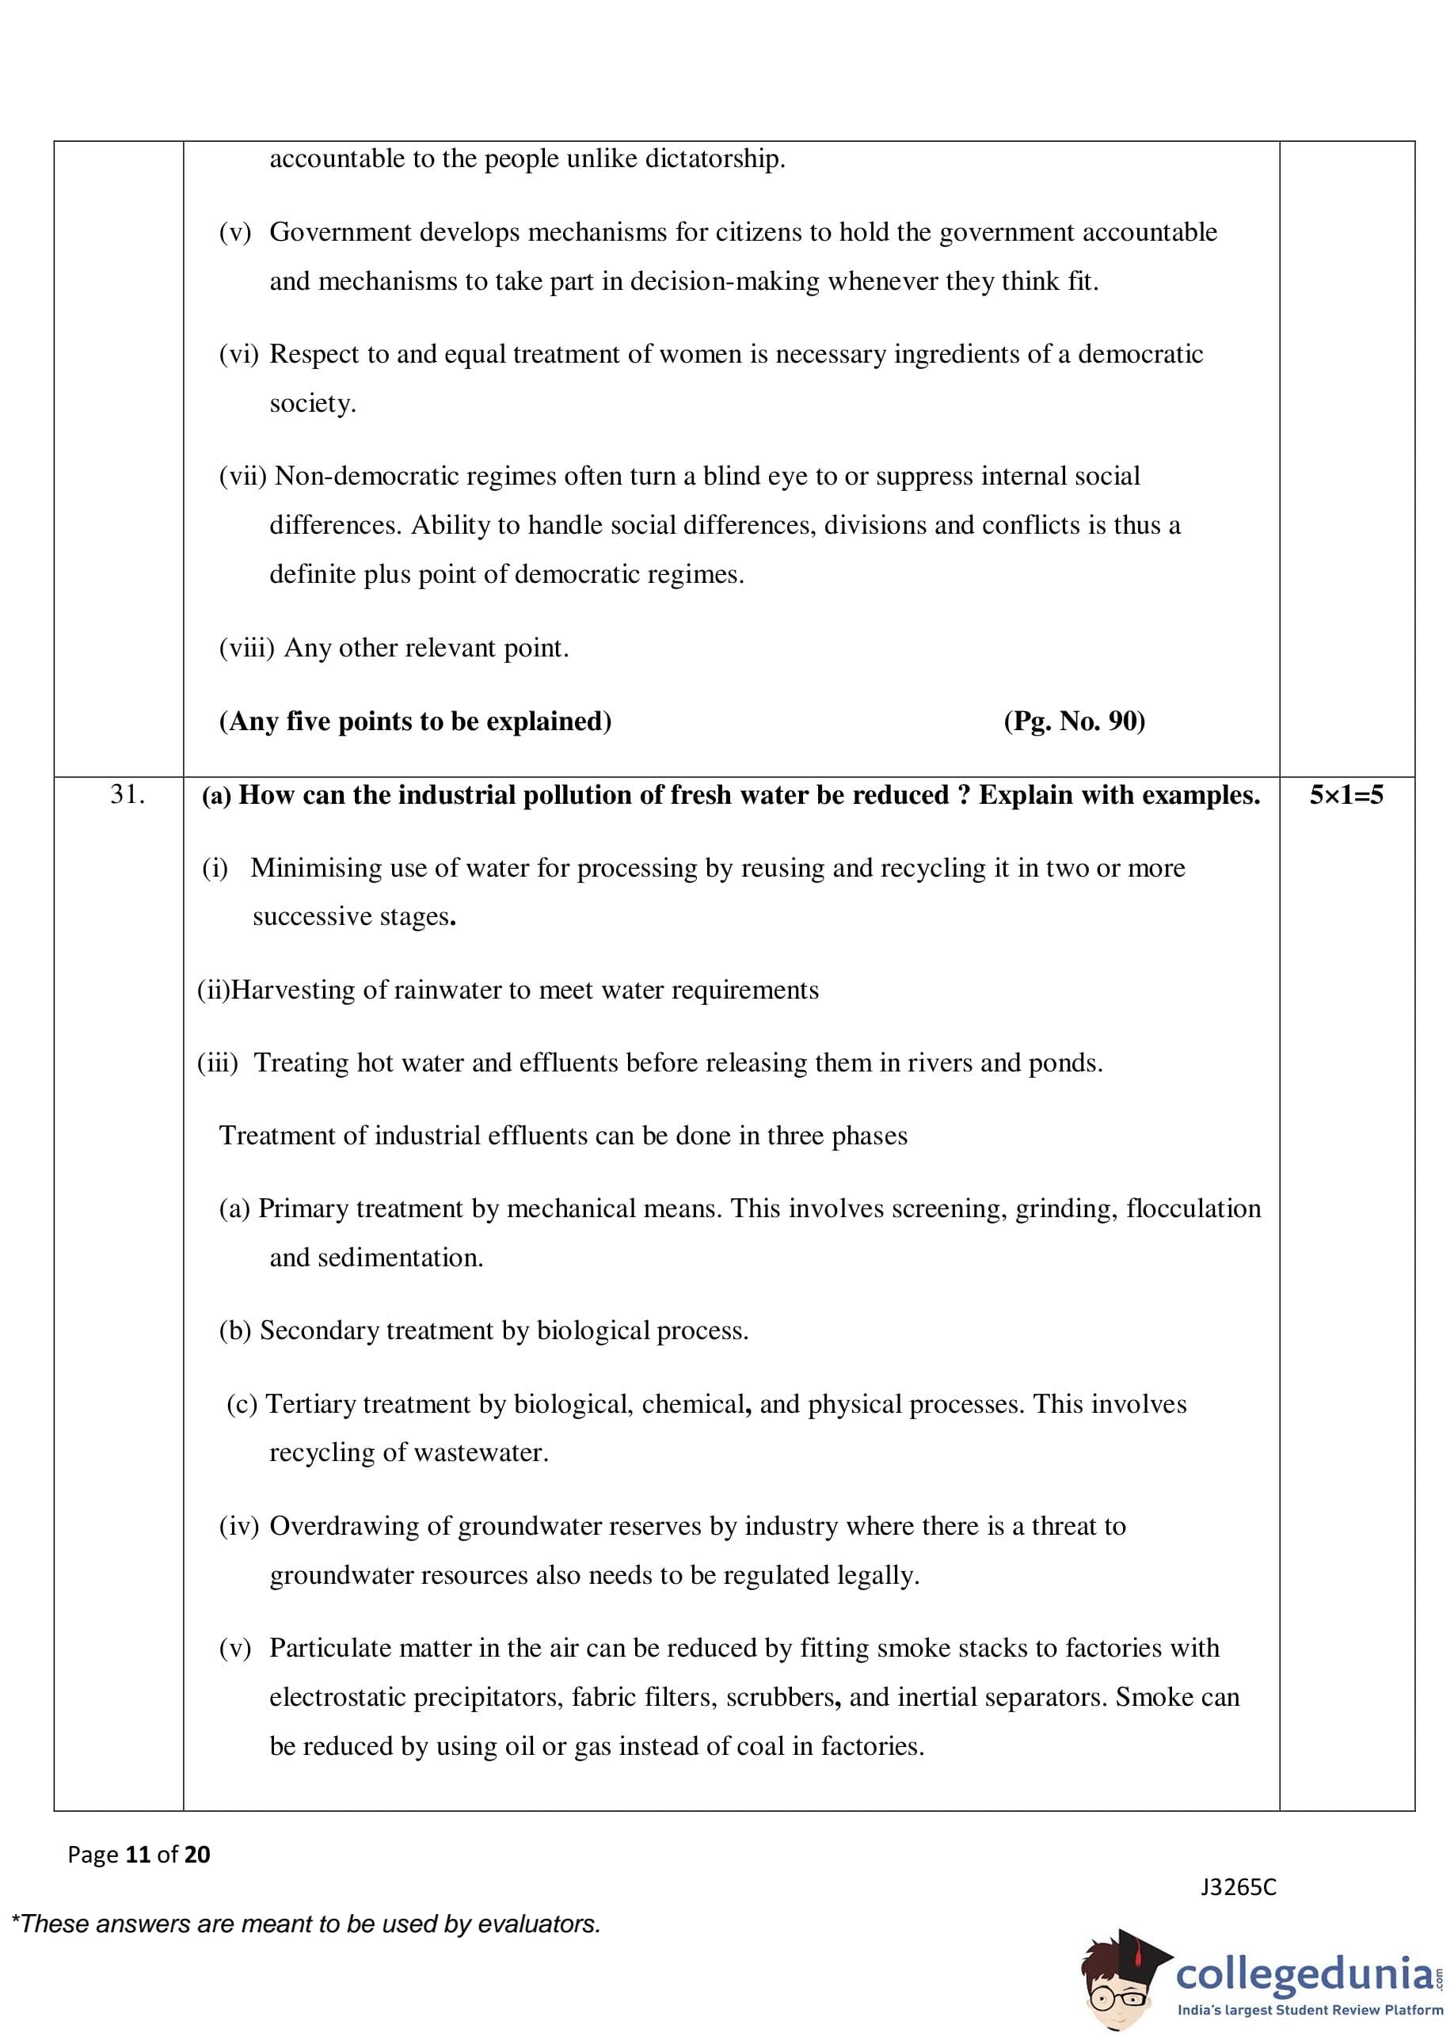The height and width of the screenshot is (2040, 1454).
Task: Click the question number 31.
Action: pos(128,794)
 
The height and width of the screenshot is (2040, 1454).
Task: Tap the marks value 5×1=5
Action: pos(1346,794)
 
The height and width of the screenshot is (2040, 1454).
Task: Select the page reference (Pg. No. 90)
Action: pos(1074,721)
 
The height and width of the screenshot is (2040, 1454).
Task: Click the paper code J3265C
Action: pos(1239,1887)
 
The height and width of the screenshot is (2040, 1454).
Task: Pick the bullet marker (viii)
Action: pos(246,647)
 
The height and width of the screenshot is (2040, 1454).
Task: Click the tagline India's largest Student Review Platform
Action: pos(1309,2011)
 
